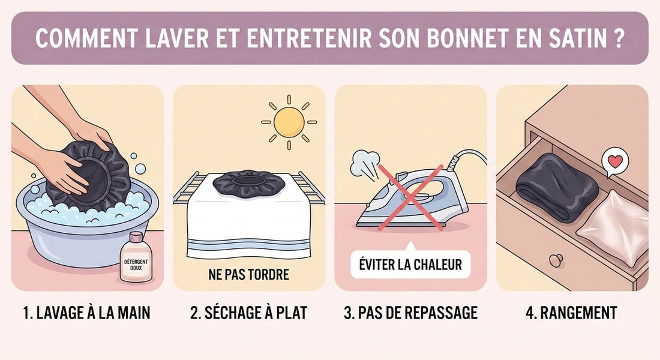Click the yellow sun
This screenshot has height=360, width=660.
coord(289,122)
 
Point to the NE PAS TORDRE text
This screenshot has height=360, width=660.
coord(249,275)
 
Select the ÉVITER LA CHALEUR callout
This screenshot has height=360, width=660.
coord(410,265)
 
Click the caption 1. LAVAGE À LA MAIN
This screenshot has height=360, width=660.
coord(87,313)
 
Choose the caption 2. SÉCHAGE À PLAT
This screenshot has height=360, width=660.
coord(249,313)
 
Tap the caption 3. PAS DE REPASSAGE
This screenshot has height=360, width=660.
coord(410,313)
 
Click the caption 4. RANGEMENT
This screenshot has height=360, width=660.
coord(572,313)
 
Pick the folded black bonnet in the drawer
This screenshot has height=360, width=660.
coord(556,185)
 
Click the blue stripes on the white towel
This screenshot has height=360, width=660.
coord(249,245)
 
